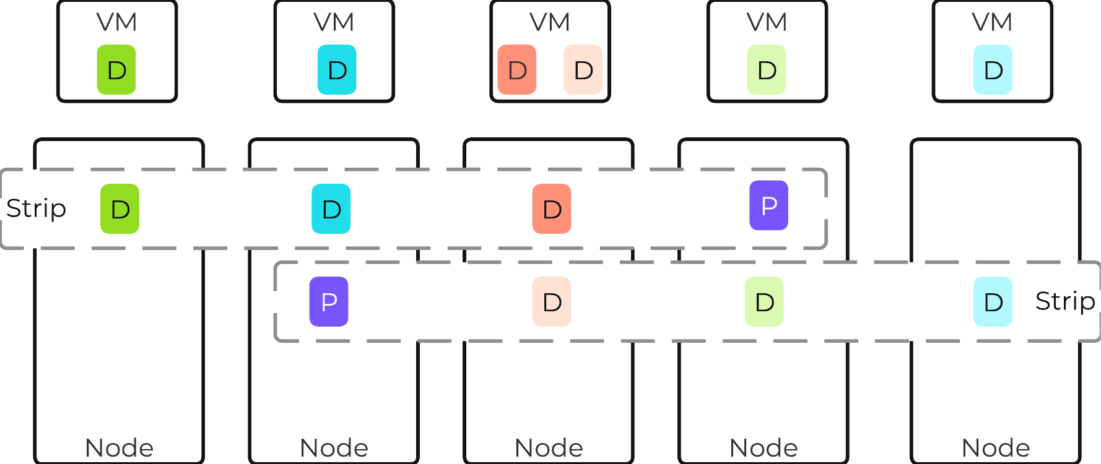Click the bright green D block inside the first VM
[x=116, y=70]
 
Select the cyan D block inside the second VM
[x=337, y=70]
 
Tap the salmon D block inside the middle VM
[x=516, y=70]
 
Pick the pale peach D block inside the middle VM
[x=583, y=70]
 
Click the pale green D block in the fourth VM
[x=767, y=70]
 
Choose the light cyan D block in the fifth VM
[x=993, y=70]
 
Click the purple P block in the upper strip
[x=768, y=205]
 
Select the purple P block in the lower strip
[x=329, y=302]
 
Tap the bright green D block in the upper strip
[x=120, y=209]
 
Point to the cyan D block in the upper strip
[x=331, y=209]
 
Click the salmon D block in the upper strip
[x=552, y=209]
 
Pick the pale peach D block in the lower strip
[x=552, y=302]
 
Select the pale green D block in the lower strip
[x=764, y=302]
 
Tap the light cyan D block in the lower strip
[x=993, y=302]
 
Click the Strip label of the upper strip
[x=36, y=209]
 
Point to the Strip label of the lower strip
[x=1065, y=302]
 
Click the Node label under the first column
[x=119, y=447]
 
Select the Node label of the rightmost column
[x=996, y=447]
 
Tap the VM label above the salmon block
[x=550, y=22]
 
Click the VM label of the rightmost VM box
[x=992, y=22]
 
